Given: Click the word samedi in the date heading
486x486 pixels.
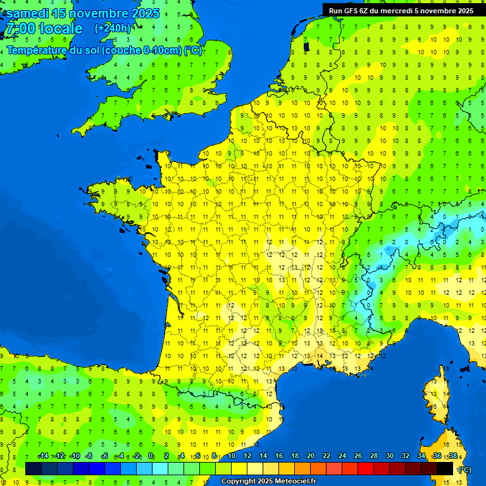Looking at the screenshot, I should pos(27,13).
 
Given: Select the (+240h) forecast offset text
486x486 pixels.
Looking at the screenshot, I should pos(113,28).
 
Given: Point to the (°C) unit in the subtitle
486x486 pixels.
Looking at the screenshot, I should pos(193,51).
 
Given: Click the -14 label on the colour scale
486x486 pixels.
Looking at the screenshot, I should pos(43,456).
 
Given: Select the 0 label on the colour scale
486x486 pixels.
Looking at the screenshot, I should pos(151,456).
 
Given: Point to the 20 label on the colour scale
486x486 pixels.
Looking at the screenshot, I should pos(311,456).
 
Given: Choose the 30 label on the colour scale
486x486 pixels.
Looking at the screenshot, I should pos(390,456).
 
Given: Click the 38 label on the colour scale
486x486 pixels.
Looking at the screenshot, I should pos(453,456).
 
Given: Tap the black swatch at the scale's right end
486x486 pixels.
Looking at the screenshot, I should pos(445,468).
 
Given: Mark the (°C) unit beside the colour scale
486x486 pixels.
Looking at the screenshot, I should pos(465,470).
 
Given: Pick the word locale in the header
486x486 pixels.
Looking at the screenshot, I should pos(61,29).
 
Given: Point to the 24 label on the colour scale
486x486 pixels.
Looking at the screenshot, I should pos(342,456).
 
